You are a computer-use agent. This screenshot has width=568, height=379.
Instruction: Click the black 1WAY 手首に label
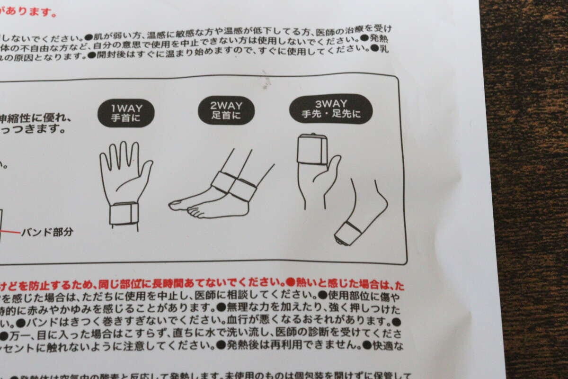[126, 113]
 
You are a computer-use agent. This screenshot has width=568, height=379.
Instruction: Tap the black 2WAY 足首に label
[226, 110]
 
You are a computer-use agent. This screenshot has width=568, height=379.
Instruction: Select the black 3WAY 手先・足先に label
[330, 108]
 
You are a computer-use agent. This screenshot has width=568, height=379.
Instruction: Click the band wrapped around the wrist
[124, 213]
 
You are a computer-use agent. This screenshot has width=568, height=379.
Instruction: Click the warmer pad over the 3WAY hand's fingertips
[312, 149]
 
